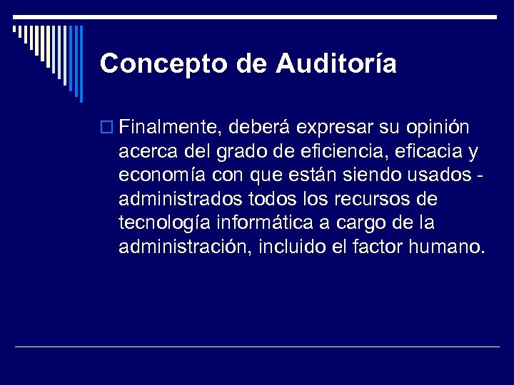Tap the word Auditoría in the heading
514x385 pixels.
[x=336, y=63]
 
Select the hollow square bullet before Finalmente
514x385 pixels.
[x=109, y=128]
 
